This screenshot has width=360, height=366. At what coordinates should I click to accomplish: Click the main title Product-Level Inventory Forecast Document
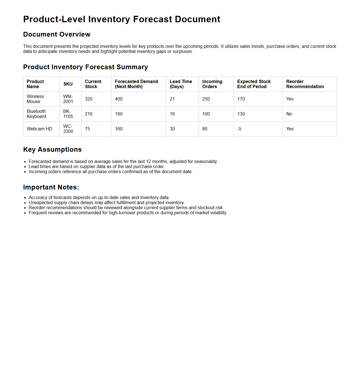tap(121, 19)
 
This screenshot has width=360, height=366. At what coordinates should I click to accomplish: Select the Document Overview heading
tap(57, 34)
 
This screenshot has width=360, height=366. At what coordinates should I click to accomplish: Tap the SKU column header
tap(68, 84)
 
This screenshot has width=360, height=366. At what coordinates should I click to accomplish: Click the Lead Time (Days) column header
tap(181, 84)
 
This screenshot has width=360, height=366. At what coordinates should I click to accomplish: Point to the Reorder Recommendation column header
tap(305, 84)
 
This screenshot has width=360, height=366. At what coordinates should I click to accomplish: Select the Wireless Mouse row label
tap(35, 99)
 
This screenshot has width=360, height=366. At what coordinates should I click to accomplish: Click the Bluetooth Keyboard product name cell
tap(36, 114)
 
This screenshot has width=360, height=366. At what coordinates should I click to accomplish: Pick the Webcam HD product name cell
tap(39, 129)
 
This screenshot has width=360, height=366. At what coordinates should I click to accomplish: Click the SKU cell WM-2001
tap(68, 99)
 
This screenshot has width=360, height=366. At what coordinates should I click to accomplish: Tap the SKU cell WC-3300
tap(68, 129)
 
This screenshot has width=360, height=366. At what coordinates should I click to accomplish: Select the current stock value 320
tap(89, 99)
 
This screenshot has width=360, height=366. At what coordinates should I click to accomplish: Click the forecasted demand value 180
tap(119, 114)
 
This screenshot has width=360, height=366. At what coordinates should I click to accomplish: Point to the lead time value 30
tap(172, 129)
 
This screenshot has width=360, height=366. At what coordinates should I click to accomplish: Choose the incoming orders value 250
tap(206, 99)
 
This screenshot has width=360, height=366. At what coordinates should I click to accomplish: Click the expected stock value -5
tap(239, 129)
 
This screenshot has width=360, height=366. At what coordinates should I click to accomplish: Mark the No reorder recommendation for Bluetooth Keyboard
tap(289, 114)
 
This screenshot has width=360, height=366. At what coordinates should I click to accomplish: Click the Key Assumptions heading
tap(52, 149)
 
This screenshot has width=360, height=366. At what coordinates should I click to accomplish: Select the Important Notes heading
tap(51, 187)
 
